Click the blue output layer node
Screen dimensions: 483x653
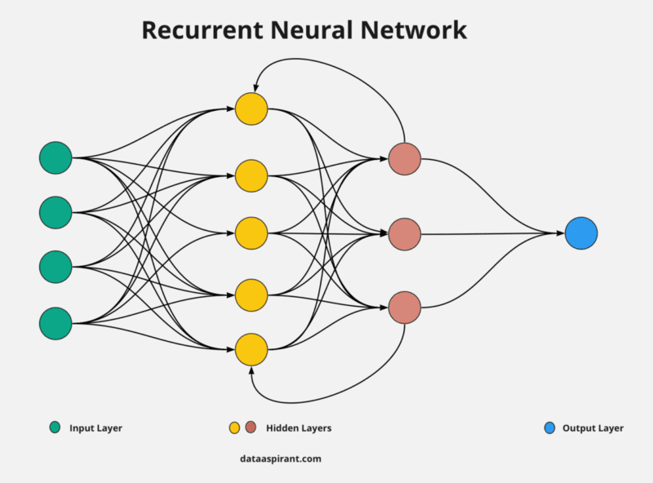(x=581, y=233)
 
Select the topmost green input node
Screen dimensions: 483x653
(x=56, y=157)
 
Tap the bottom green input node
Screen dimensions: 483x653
(x=56, y=322)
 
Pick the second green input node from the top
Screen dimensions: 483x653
(x=56, y=212)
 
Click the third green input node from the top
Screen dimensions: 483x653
(x=56, y=266)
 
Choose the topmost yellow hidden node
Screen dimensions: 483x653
(x=251, y=109)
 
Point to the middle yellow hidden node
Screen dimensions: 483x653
(x=251, y=233)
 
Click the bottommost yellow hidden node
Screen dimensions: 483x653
(x=251, y=349)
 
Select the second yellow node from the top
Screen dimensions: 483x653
(x=251, y=175)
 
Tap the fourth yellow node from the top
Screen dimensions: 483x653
(x=251, y=295)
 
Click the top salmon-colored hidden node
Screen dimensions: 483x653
(x=404, y=159)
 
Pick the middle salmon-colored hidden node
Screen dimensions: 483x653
(x=404, y=234)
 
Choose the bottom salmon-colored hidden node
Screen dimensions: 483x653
(x=404, y=308)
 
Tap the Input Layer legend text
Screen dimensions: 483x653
(x=96, y=428)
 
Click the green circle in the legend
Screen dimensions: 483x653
(x=56, y=428)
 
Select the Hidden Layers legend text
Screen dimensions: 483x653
(x=299, y=428)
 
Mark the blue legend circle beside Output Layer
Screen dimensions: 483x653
(x=549, y=428)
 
